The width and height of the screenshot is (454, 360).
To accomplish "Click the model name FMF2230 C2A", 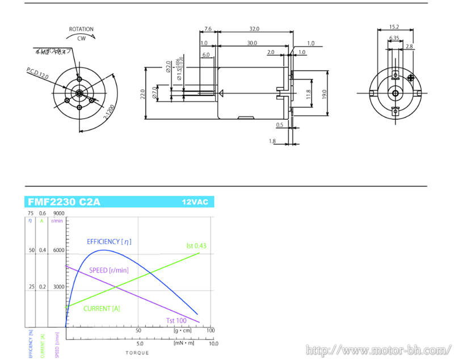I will (64, 202).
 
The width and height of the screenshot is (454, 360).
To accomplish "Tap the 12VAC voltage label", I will (195, 202).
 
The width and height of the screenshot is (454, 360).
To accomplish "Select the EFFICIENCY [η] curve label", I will (109, 241).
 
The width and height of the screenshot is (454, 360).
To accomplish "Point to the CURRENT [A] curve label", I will (102, 308).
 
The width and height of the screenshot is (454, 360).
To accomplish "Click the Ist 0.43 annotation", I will (196, 246).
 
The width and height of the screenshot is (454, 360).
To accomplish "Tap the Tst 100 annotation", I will (176, 321).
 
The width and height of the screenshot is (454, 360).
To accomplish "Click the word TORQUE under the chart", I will (138, 353).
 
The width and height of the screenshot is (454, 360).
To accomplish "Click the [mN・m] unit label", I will (183, 343).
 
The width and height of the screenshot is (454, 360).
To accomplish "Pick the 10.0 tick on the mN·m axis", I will (213, 344).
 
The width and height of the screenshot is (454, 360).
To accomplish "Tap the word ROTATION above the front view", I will (81, 29).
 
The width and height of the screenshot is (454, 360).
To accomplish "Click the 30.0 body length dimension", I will (251, 43).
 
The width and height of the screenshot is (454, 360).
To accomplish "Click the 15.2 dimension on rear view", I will (394, 27).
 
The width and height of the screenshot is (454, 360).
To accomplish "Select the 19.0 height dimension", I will (325, 93).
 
